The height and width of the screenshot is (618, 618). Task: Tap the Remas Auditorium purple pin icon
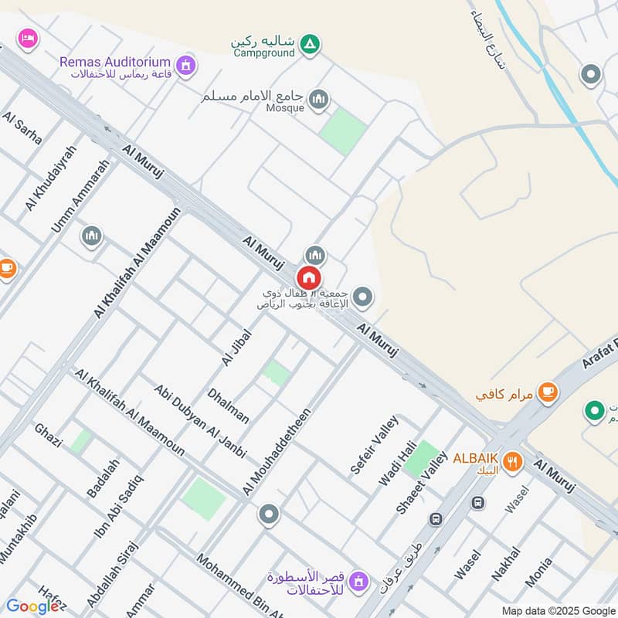pos(185,66)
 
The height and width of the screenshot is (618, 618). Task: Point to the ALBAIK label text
pos(475,457)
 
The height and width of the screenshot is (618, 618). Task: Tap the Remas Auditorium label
pos(115,61)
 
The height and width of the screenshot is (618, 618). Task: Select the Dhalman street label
pos(229,406)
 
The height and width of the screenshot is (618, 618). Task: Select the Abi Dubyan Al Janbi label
pos(199,421)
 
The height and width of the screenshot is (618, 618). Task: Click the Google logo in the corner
pos(32,606)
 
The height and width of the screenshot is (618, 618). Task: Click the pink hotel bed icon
pos(28,37)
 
